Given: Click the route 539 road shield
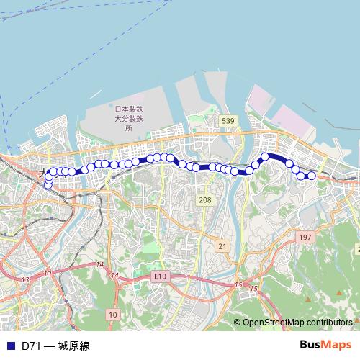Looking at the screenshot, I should (x=228, y=120).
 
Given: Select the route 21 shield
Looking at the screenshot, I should (x=222, y=246).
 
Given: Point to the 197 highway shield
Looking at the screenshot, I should (x=305, y=237).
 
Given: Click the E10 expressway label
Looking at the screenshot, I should (x=160, y=276).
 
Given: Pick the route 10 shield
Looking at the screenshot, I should (x=112, y=315).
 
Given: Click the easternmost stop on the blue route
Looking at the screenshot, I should (x=312, y=176).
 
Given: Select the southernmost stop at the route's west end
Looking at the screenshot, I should (x=48, y=185).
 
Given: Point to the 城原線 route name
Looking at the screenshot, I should (x=75, y=346).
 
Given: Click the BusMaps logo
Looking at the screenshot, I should (x=326, y=345).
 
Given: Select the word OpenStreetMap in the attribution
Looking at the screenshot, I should (x=274, y=322).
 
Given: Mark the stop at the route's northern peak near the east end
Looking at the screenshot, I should (x=265, y=156).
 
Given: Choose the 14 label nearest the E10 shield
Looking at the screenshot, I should (x=114, y=276).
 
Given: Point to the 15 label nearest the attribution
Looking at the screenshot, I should (x=254, y=289).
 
